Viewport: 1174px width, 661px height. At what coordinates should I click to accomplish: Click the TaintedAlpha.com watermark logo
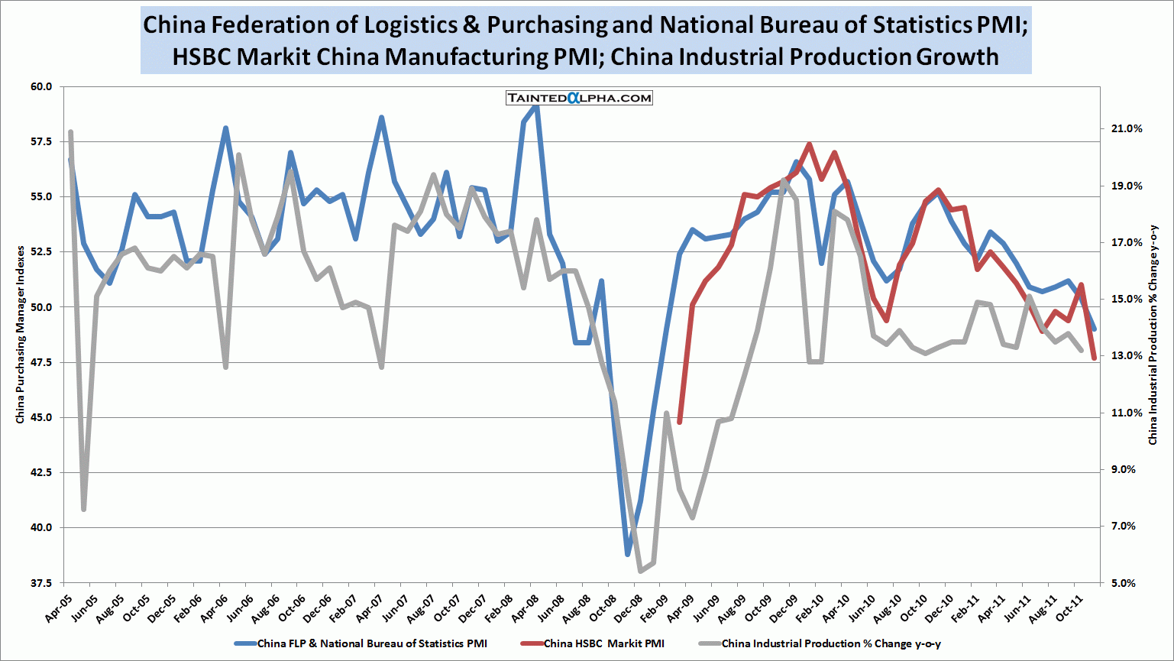point(579,98)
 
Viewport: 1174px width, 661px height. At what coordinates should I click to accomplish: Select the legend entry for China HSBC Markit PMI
point(603,643)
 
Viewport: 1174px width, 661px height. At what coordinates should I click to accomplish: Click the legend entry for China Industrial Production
point(831,643)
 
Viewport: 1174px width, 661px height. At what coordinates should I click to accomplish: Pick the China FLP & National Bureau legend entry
point(371,643)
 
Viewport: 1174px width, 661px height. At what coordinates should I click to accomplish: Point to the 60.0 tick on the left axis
point(41,87)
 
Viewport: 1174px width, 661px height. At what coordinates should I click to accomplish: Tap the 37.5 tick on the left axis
point(41,583)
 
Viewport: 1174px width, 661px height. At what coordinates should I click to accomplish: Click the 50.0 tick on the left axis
point(41,307)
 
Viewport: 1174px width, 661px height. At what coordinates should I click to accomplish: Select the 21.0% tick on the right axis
point(1127,129)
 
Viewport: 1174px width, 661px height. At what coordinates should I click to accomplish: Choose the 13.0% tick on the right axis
point(1127,356)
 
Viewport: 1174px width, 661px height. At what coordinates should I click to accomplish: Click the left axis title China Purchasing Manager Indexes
point(21,335)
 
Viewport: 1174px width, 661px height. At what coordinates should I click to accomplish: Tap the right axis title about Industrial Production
point(1153,335)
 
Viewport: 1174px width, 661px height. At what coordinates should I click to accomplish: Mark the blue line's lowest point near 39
point(628,554)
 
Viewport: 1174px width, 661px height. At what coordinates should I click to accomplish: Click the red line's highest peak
point(809,144)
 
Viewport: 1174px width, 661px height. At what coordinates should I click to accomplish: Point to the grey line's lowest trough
point(640,571)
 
